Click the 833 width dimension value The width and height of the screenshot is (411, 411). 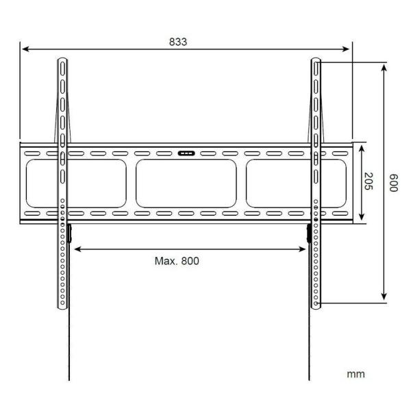(x=177, y=41)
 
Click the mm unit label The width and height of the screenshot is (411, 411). (x=356, y=374)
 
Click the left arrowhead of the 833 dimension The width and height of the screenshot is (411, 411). (x=23, y=49)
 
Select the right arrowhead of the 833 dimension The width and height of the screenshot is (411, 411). (x=347, y=49)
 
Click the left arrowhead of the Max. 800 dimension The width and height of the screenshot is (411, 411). (x=76, y=249)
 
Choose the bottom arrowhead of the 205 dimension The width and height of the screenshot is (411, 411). (x=360, y=219)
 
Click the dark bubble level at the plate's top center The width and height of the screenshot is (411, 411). (x=186, y=153)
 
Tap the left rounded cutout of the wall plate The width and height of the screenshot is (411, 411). (x=75, y=184)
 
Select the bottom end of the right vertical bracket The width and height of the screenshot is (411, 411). (x=316, y=306)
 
